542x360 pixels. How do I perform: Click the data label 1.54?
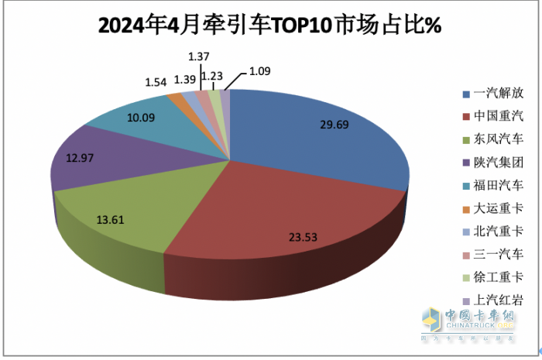coord(157,81)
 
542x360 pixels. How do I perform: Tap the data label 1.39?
coord(184,80)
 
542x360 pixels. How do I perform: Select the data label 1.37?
coord(201,57)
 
